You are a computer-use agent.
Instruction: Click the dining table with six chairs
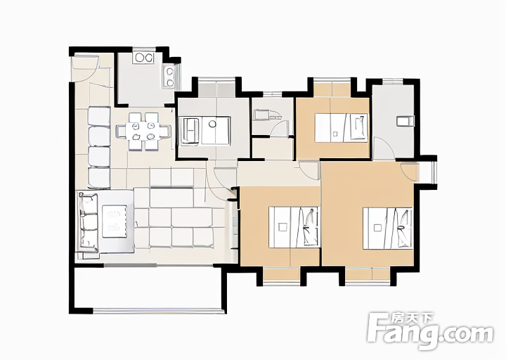(x=143, y=131)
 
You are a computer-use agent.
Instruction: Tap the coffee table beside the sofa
(x=115, y=221)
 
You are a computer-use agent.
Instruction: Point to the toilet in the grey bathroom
(x=405, y=121)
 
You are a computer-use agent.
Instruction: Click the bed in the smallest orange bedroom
(x=341, y=127)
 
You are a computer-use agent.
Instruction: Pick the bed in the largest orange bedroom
(x=387, y=229)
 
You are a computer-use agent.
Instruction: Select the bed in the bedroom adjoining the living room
(x=294, y=227)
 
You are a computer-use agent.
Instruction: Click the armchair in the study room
(x=190, y=131)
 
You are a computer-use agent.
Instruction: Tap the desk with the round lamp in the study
(x=216, y=130)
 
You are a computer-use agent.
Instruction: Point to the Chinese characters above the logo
(x=412, y=319)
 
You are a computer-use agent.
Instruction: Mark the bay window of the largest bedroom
(x=368, y=276)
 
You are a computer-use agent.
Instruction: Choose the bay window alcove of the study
(x=216, y=88)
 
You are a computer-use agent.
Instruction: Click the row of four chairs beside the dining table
(x=99, y=147)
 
